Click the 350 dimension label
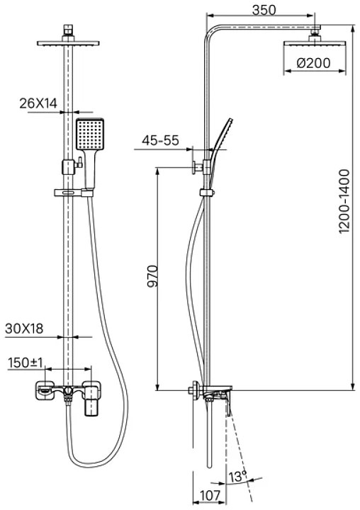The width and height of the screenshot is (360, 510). [264, 10]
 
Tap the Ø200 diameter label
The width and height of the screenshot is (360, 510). [314, 63]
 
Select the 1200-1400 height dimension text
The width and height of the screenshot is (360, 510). [344, 201]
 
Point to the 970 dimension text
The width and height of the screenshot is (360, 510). [152, 276]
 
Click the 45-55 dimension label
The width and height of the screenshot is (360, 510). [160, 140]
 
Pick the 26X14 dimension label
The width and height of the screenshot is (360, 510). [38, 103]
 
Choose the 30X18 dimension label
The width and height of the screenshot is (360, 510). [24, 329]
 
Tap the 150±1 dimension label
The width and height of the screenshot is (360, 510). [25, 363]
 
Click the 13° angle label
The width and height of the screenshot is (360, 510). [237, 477]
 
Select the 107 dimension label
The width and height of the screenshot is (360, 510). [210, 496]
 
